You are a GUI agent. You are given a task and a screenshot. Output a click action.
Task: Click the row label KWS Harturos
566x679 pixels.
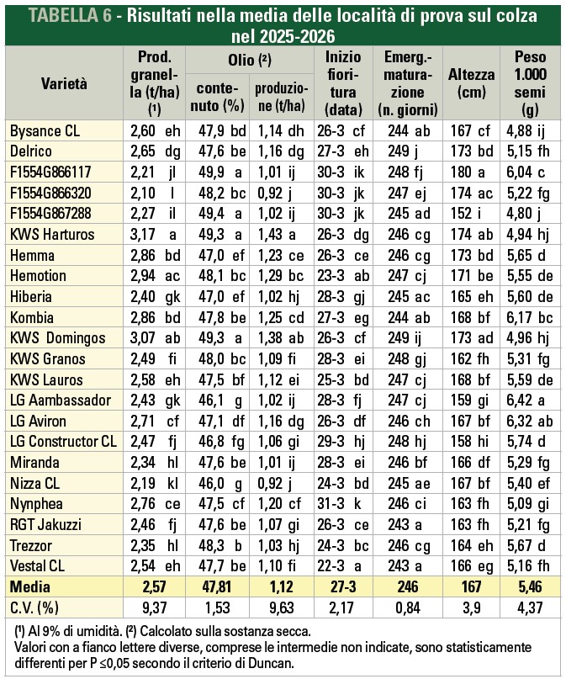pos(52,235)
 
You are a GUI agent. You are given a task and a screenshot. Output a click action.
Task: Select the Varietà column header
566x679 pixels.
pos(64,83)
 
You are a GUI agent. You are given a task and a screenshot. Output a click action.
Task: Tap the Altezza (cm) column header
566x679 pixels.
pos(471,83)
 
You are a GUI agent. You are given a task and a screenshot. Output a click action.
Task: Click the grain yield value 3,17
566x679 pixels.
pos(142,235)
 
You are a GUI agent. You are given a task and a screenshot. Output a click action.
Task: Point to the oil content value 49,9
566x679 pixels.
pos(211,172)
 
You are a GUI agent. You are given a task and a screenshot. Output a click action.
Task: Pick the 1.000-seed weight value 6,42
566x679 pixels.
pos(520,401)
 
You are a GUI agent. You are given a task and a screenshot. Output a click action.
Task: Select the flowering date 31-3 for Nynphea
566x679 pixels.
pos(331,504)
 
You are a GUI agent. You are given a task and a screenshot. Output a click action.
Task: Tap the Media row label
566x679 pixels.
pos(30,587)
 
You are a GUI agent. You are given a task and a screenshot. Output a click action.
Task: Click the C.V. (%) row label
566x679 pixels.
pos(34,608)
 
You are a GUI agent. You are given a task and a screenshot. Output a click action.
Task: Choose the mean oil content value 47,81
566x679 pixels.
pos(217,587)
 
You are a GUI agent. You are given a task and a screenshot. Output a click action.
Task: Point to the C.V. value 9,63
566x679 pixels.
pos(282,608)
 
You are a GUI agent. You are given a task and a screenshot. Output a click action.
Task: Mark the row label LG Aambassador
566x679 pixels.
pos(61,401)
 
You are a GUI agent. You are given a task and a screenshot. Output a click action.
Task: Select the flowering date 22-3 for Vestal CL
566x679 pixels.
pos(331,566)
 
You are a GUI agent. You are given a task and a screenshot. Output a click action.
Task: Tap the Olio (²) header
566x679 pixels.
pos(250,60)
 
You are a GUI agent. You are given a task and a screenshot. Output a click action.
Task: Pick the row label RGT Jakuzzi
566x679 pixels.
pos(45,525)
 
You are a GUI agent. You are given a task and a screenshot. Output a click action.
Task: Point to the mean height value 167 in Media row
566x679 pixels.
pos(471,587)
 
